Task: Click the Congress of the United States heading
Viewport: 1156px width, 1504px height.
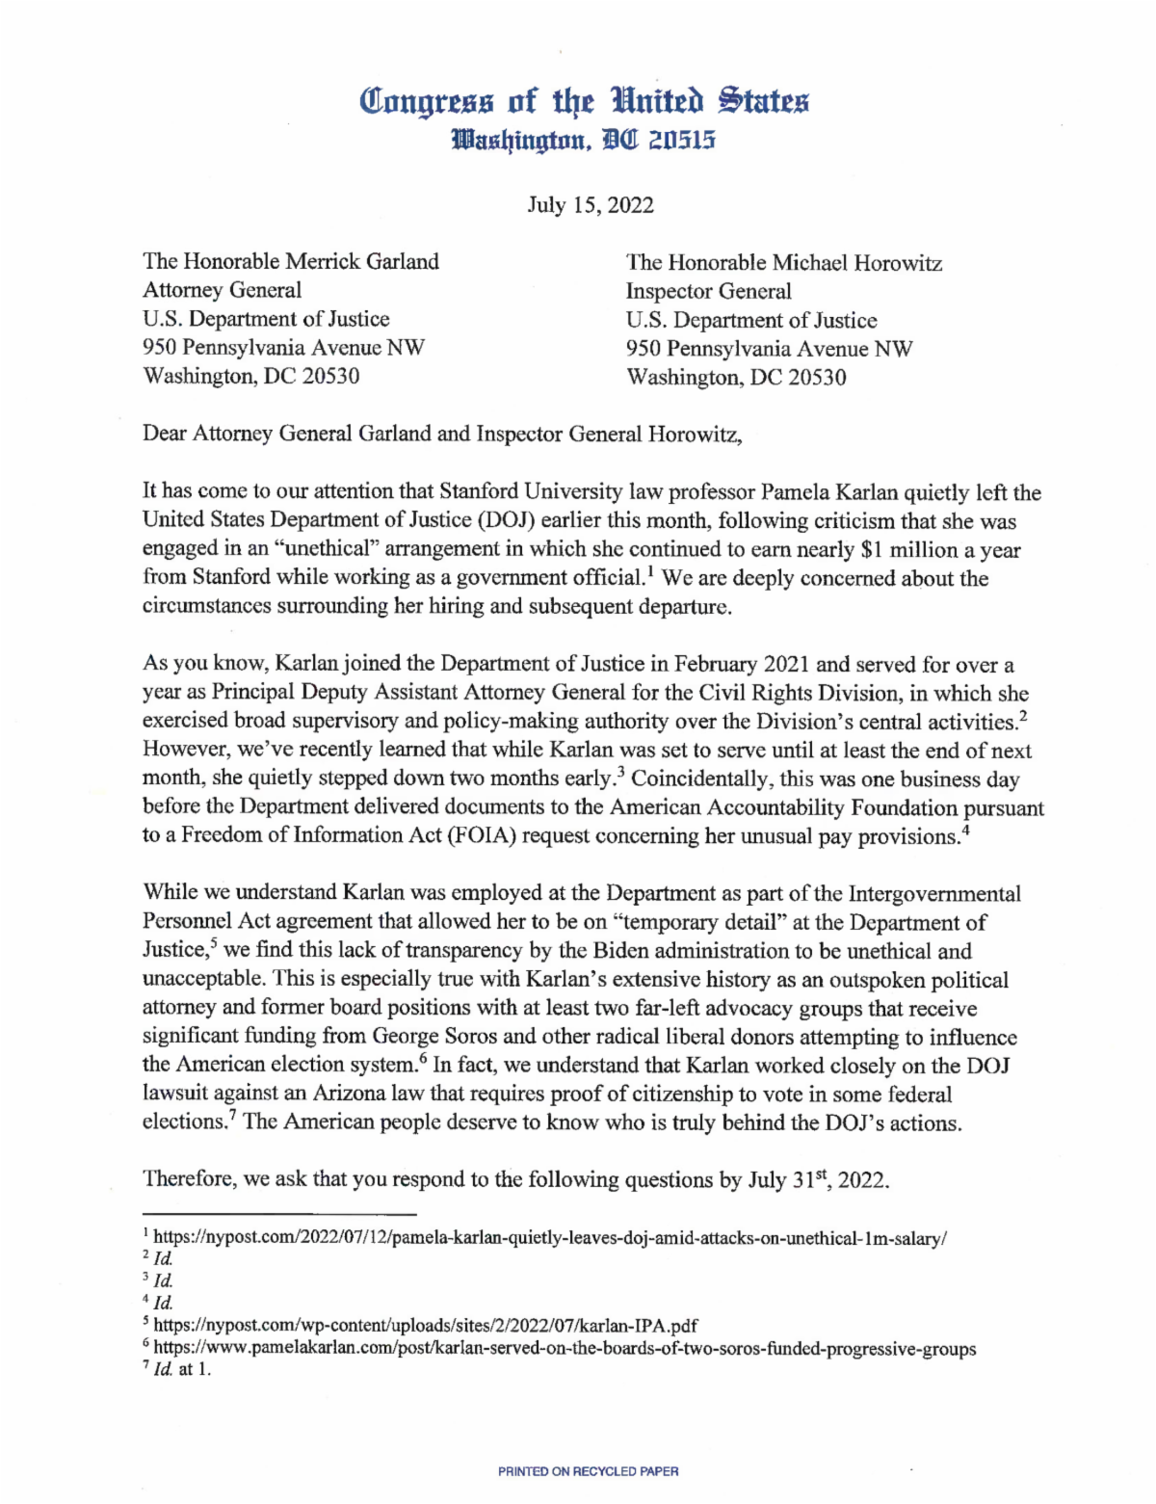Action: [x=584, y=100]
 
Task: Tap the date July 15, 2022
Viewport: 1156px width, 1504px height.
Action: [x=590, y=205]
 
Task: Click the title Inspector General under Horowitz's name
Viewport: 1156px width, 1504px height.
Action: [x=708, y=292]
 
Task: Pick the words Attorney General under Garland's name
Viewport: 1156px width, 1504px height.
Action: [x=222, y=290]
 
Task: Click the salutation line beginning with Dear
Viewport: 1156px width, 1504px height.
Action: [x=442, y=434]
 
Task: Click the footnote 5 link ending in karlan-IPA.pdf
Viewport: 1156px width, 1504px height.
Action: [x=425, y=1325]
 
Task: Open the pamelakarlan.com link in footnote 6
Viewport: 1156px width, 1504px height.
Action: [x=565, y=1348]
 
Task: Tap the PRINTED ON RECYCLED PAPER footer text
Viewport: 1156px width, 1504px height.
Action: [x=588, y=1471]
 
